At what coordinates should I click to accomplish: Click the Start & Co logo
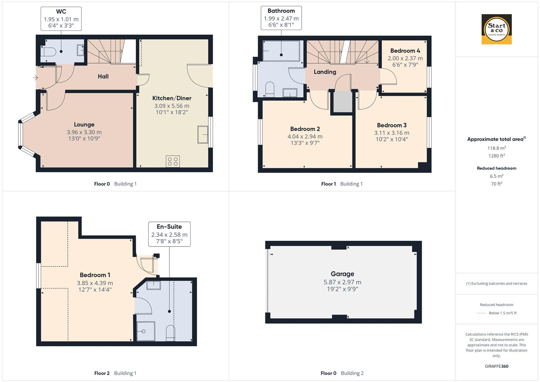(x=497, y=29)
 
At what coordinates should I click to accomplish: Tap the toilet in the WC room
(x=48, y=52)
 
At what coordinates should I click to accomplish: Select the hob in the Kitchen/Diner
(x=173, y=162)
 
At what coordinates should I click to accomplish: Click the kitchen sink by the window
(x=203, y=134)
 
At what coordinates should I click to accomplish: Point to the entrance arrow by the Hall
(x=35, y=78)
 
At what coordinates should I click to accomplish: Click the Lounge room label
(x=84, y=125)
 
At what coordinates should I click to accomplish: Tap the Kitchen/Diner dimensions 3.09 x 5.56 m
(x=172, y=106)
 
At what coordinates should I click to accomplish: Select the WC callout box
(x=61, y=19)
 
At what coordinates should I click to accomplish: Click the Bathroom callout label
(x=281, y=11)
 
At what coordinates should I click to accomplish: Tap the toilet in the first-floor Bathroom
(x=269, y=89)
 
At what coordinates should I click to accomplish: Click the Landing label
(x=325, y=72)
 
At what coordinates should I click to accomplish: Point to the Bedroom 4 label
(x=405, y=51)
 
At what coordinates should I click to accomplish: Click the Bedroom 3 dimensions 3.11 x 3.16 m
(x=391, y=133)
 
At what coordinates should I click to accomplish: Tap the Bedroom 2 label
(x=305, y=129)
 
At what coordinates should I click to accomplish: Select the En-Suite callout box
(x=169, y=234)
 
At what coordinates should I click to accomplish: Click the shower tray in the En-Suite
(x=146, y=331)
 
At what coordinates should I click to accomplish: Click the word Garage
(x=342, y=274)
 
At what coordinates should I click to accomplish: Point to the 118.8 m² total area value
(x=497, y=148)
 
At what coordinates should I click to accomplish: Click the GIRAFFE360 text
(x=497, y=366)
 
